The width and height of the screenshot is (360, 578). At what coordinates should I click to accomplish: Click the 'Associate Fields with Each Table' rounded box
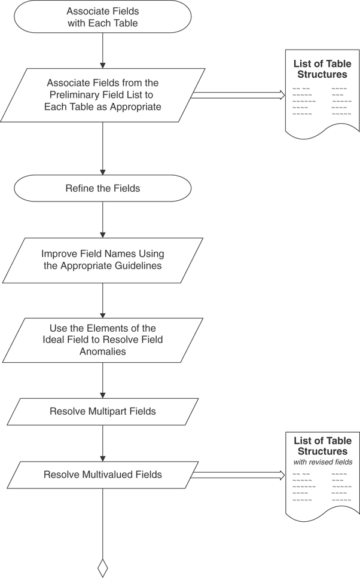coord(103,17)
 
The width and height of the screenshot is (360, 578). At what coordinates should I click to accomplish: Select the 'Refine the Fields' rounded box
coord(103,188)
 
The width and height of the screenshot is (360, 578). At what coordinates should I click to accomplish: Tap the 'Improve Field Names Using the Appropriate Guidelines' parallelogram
coord(103,261)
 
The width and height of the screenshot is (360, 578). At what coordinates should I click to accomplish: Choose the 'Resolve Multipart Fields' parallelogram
coord(103,412)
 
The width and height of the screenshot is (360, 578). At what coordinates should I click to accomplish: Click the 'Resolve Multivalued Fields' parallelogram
coord(103,475)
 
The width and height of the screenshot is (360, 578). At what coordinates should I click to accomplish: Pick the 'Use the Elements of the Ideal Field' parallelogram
coord(103,340)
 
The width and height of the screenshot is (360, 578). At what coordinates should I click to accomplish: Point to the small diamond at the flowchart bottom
coord(103,567)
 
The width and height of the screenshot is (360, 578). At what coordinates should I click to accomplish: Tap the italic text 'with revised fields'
coord(323,462)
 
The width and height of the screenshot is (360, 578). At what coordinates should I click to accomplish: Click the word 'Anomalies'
coord(103,351)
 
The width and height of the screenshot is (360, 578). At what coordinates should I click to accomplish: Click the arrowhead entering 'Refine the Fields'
coord(103,172)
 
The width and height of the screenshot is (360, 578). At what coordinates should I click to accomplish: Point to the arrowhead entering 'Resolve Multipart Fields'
coord(103,395)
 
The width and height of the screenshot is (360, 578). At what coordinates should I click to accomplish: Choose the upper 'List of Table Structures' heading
coord(322,69)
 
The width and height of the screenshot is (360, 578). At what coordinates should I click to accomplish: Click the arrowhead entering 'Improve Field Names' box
coord(103,235)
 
